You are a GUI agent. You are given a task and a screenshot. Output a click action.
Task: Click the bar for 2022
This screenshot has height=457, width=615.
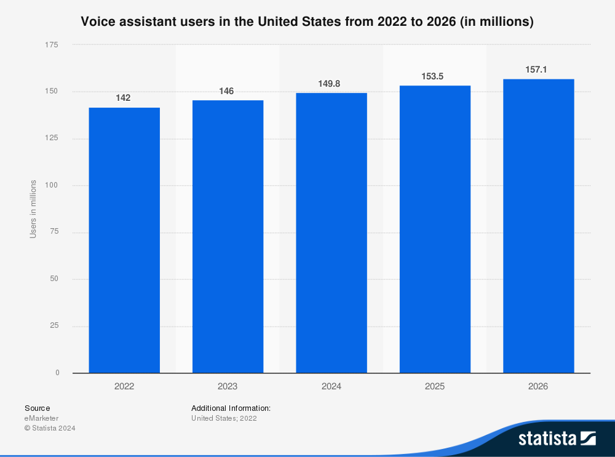[x=124, y=240]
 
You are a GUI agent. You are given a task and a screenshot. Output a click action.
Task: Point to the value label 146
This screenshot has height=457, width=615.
[x=226, y=91]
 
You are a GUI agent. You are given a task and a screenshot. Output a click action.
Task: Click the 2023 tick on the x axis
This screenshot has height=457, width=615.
[x=228, y=387]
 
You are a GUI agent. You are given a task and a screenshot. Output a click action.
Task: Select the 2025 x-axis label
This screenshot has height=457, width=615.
[x=435, y=387]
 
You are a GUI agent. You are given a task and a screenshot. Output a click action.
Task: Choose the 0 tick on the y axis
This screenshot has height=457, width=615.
[x=57, y=373]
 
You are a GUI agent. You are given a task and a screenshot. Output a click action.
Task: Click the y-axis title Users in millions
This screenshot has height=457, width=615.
[x=33, y=209]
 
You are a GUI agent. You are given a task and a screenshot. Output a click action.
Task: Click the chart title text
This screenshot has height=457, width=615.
[x=307, y=22]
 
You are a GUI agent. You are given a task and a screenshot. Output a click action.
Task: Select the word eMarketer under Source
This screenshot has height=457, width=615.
[x=41, y=418]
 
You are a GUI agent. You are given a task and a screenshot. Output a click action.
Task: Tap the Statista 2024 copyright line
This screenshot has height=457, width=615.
[x=50, y=428]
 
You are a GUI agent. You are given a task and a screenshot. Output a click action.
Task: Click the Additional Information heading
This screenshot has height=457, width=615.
[x=231, y=408]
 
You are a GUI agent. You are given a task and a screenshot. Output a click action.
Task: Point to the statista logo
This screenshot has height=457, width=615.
[x=557, y=438]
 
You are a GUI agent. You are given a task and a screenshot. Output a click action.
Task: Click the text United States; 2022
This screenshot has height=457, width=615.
[x=224, y=418]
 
